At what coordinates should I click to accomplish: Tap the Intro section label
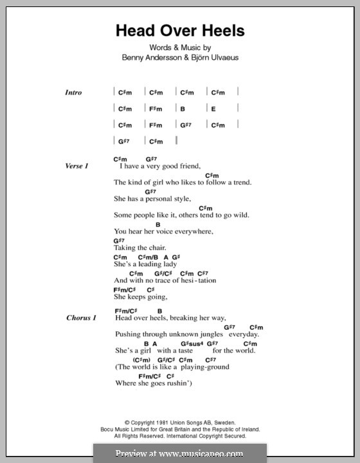coord(73,93)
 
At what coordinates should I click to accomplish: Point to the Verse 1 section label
coord(76,166)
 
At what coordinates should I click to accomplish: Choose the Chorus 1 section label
coord(80,318)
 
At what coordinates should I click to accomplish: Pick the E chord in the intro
coord(213,109)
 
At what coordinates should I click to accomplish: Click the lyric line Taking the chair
coord(139,248)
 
